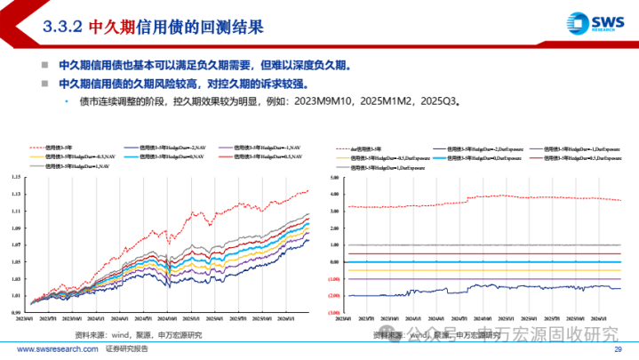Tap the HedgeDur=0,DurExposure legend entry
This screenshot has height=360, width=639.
475,156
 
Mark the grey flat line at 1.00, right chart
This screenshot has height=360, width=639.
480,244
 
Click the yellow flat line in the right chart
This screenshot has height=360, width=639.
480,253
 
